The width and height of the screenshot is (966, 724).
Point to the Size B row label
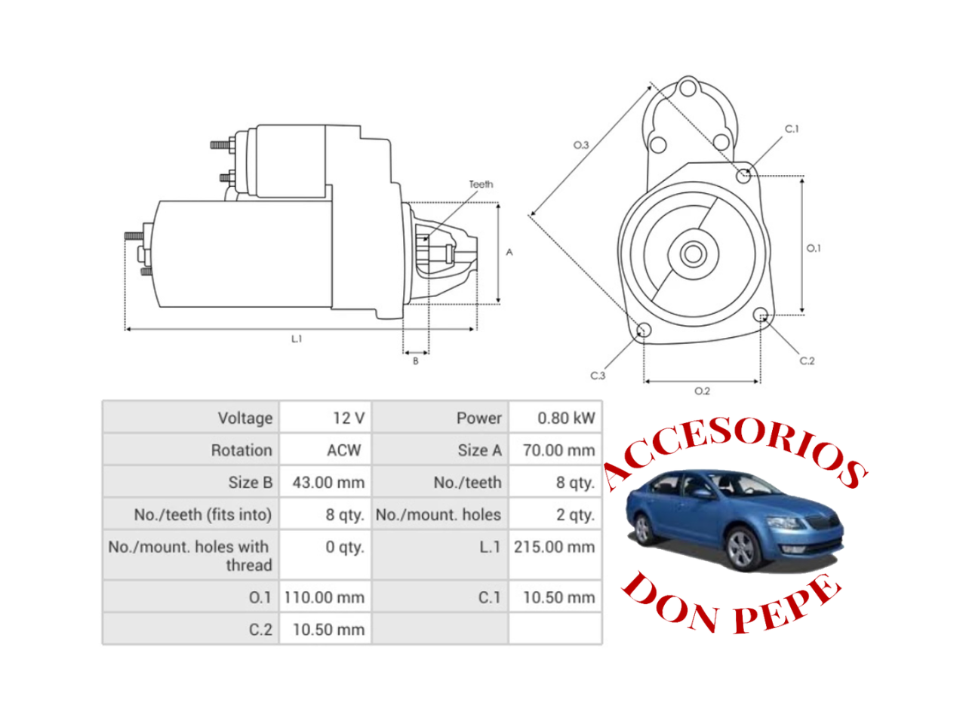[250, 483]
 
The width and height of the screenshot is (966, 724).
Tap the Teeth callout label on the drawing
[481, 184]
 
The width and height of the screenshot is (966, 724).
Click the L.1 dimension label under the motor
[297, 339]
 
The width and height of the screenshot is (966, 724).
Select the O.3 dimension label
[581, 145]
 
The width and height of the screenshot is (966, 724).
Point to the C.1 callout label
[791, 129]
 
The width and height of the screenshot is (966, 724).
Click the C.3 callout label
[597, 375]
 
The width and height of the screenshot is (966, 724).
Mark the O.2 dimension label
[702, 391]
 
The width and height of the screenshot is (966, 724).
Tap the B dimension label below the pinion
[415, 361]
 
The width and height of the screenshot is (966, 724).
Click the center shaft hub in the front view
[693, 254]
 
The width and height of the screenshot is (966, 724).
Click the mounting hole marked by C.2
[761, 315]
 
